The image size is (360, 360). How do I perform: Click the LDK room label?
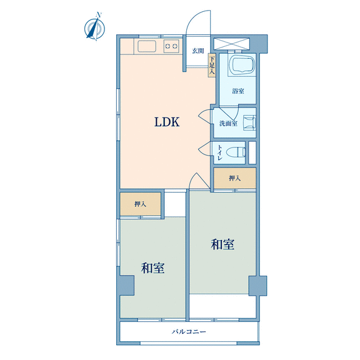point(167,122)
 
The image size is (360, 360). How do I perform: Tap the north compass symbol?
point(95,27)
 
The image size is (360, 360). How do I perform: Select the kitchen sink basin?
point(147,46)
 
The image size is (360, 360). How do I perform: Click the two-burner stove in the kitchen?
point(171,46)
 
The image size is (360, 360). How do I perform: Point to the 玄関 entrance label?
point(198,51)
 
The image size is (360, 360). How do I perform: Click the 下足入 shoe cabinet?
point(212,65)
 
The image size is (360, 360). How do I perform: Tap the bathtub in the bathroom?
point(242,65)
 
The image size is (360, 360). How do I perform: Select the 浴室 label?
point(238,91)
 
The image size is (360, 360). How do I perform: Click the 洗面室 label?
point(228,123)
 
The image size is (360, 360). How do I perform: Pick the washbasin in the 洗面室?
point(249,122)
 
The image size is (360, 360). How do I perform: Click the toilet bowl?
point(236,152)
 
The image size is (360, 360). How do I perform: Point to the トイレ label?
point(220,152)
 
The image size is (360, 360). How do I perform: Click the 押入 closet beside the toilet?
point(235,178)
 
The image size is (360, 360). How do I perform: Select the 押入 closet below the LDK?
point(140,204)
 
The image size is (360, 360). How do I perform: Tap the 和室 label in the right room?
point(222,244)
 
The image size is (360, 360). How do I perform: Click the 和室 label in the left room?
point(152,267)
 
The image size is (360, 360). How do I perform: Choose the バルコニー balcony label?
point(189,331)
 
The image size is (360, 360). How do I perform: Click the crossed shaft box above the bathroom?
point(231,44)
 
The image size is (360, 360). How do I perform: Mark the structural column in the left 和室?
point(126,286)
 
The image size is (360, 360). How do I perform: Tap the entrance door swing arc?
point(193,17)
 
